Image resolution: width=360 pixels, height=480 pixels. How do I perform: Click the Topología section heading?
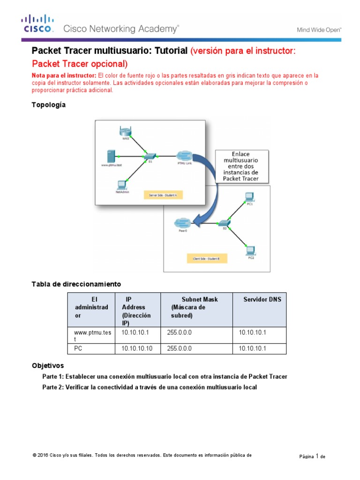click(49, 105)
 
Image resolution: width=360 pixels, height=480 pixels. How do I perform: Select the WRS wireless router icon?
click(125, 132)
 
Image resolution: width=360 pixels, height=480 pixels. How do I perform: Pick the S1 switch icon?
click(150, 156)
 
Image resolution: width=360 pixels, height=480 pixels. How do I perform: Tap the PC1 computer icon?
click(250, 196)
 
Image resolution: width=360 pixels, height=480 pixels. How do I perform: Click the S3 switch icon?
click(225, 223)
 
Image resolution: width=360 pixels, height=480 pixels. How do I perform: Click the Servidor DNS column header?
click(262, 299)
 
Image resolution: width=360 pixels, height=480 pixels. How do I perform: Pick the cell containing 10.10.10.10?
click(137, 349)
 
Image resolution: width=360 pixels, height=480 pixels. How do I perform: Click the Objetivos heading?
click(47, 365)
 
